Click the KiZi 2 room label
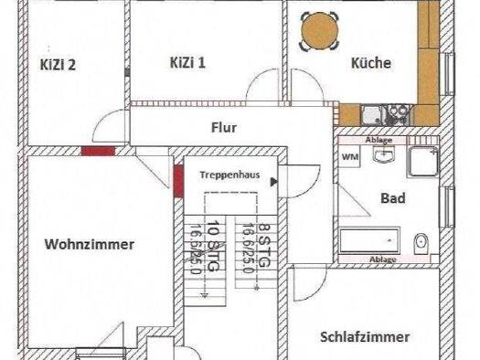(x=58, y=65)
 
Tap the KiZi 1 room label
(x=187, y=63)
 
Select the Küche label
(x=370, y=63)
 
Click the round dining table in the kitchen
(x=320, y=31)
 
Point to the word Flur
(x=224, y=128)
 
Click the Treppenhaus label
(x=229, y=175)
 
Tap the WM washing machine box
(x=349, y=157)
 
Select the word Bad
(x=393, y=198)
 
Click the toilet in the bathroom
(x=421, y=244)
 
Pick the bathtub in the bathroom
(x=369, y=240)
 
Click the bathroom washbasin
(x=384, y=154)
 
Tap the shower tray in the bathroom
(x=422, y=162)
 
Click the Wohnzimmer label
(x=90, y=244)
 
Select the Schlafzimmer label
(x=365, y=337)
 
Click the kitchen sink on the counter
(x=371, y=115)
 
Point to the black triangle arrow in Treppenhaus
(x=274, y=183)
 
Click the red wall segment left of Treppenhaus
(x=178, y=181)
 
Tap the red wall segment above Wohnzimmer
(x=98, y=151)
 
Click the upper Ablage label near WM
(x=379, y=140)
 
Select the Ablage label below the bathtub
(x=383, y=259)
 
